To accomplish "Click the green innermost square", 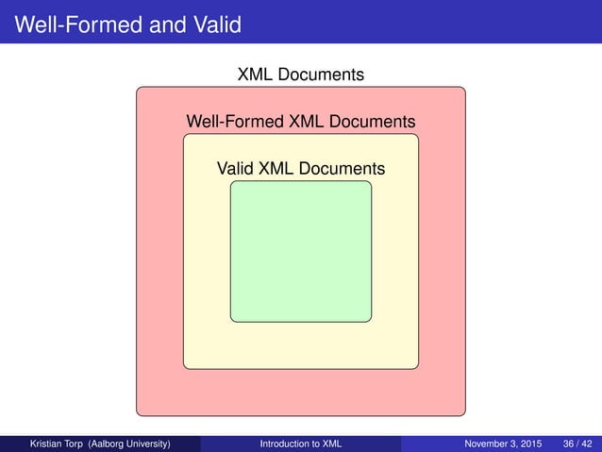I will [x=300, y=251].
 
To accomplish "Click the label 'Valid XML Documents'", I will [x=301, y=169].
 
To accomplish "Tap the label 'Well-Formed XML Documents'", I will [x=301, y=122].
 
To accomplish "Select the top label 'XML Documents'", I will [x=301, y=74].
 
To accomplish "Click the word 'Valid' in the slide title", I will [x=219, y=23].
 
